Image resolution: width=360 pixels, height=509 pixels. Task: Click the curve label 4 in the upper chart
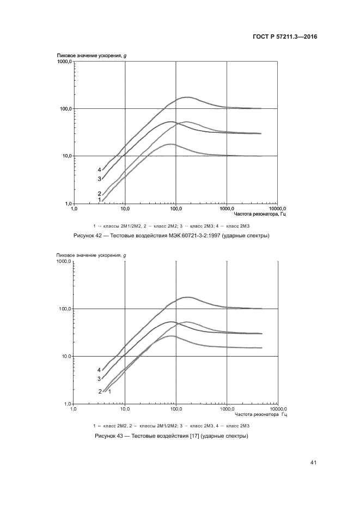[x=100, y=170]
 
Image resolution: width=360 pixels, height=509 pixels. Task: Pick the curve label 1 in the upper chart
[x=100, y=200]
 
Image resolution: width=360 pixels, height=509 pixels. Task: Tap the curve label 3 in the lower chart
[x=100, y=379]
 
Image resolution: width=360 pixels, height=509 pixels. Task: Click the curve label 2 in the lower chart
[x=100, y=391]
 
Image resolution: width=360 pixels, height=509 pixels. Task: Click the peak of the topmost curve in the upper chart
[x=188, y=97]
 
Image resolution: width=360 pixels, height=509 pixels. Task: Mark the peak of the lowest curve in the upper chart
[x=171, y=144]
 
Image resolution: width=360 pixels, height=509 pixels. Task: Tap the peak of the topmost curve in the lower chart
[x=188, y=297]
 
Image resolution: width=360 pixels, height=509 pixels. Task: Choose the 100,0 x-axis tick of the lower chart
[x=175, y=409]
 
